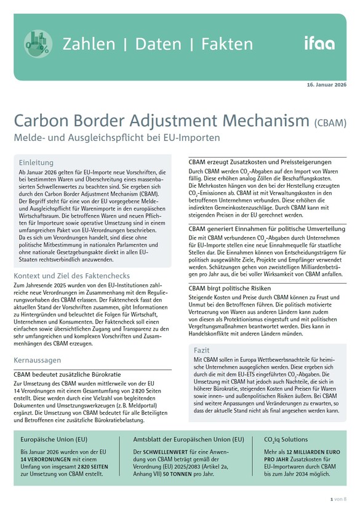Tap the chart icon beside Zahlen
point(38,43)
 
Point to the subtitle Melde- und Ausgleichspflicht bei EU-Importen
point(116,138)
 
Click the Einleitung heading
point(36,162)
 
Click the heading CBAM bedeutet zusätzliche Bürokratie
point(67,374)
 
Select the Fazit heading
point(202,350)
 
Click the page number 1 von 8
point(339,498)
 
